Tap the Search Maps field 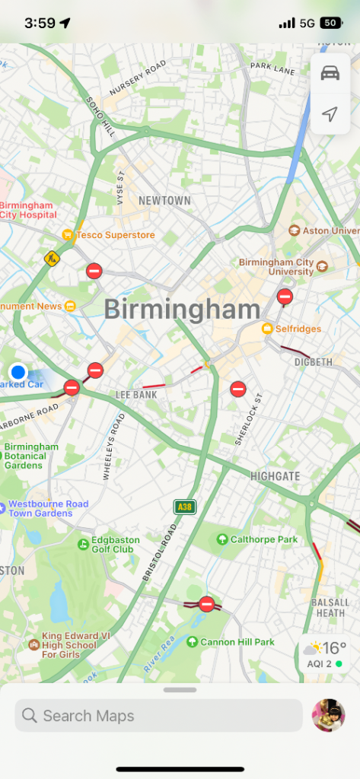(158, 716)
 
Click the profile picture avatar (328, 716)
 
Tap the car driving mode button (330, 73)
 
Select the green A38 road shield (184, 507)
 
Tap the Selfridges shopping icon (268, 329)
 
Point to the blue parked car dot (18, 372)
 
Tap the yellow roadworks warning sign (51, 259)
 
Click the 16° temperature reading (335, 648)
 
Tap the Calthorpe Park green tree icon (222, 539)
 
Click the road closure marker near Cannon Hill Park (206, 604)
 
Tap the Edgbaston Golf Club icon (83, 544)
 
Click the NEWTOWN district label (164, 201)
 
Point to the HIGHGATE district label (276, 476)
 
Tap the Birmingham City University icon (322, 266)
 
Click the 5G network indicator (307, 24)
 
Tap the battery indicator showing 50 (331, 24)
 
